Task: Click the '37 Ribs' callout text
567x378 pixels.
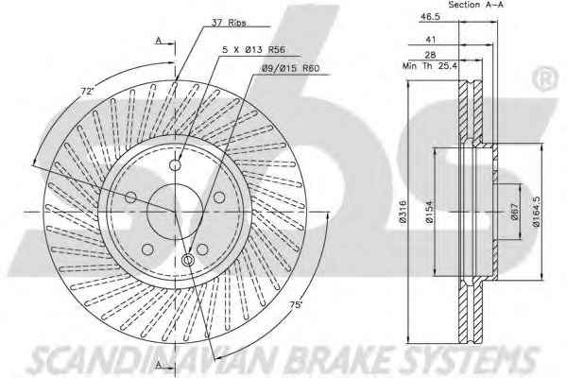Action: [x=229, y=23]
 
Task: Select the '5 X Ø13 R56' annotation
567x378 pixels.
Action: [x=253, y=50]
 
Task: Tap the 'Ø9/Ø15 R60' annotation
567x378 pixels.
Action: [x=291, y=68]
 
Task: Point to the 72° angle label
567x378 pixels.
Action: [x=88, y=91]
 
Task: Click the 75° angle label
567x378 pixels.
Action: [x=296, y=305]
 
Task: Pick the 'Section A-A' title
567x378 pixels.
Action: [x=476, y=5]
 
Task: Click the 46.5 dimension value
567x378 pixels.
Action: [x=430, y=17]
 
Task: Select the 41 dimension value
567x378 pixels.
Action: [x=431, y=39]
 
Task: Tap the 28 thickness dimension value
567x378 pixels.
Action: [x=430, y=55]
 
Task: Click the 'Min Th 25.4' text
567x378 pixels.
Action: [x=430, y=66]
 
